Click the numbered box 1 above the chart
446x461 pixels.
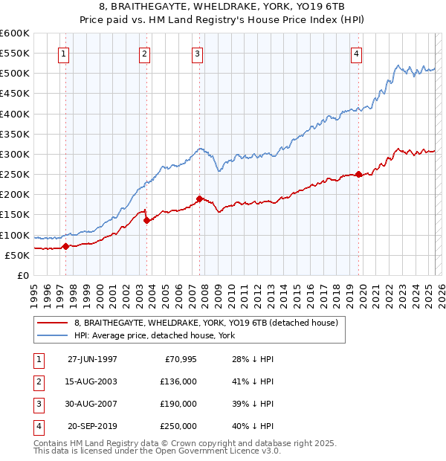(63, 54)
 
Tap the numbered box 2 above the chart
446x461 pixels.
(144, 54)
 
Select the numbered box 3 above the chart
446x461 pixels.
(197, 54)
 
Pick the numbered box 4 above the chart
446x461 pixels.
(357, 54)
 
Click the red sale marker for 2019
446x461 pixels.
(359, 175)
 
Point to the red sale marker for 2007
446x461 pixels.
(200, 199)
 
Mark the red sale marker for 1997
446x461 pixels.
(65, 246)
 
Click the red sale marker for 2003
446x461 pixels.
(146, 220)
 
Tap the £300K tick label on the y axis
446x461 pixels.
(14, 154)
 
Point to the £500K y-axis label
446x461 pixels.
(14, 73)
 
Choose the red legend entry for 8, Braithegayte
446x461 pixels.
(206, 323)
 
